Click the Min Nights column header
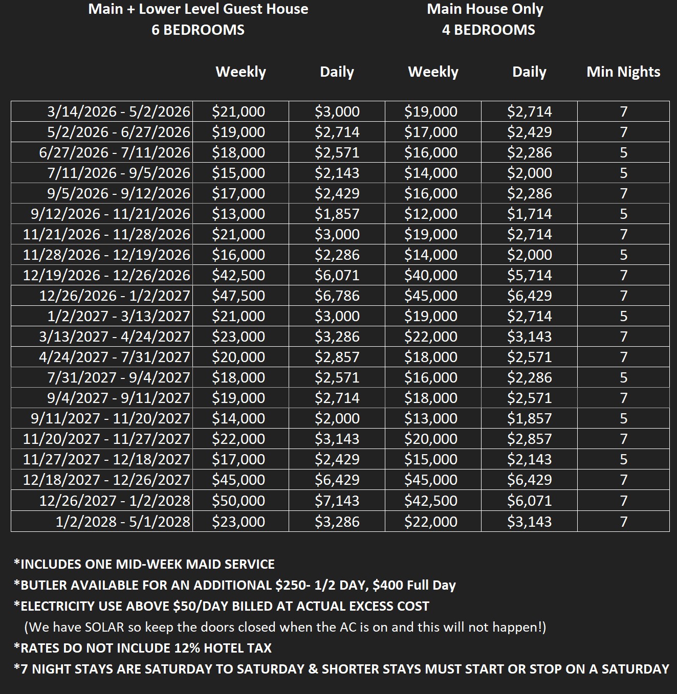click(623, 72)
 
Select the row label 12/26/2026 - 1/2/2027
click(115, 296)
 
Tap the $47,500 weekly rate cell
click(238, 296)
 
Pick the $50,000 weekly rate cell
click(238, 501)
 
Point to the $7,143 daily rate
click(337, 501)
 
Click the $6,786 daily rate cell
click(337, 296)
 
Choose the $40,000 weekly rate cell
click(431, 275)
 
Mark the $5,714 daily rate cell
click(530, 275)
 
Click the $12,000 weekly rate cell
click(431, 214)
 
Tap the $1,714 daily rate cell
click(530, 214)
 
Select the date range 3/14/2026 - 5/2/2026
click(119, 111)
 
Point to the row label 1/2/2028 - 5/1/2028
click(123, 522)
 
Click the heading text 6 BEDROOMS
click(198, 30)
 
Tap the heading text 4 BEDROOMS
click(488, 30)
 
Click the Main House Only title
click(485, 9)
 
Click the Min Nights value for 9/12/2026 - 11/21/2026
click(623, 214)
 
